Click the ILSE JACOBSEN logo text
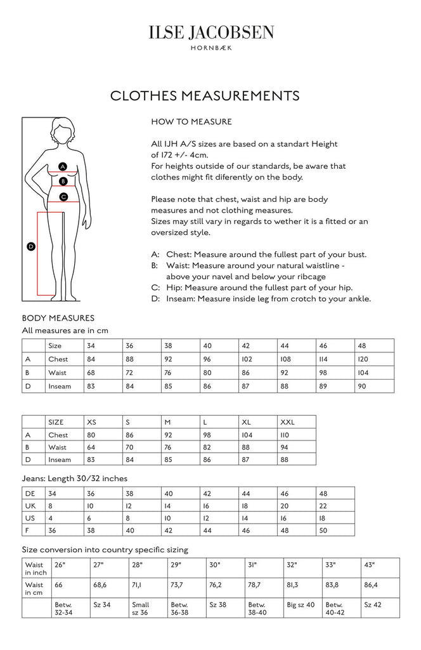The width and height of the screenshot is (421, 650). click(x=210, y=32)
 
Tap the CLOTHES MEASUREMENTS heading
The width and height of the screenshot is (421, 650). click(x=204, y=95)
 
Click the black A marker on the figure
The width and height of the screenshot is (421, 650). click(x=62, y=166)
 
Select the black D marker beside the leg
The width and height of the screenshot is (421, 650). click(x=30, y=246)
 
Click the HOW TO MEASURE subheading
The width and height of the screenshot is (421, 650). click(x=191, y=121)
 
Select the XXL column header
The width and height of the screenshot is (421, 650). click(x=288, y=422)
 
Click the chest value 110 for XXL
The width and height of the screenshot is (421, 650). click(x=285, y=435)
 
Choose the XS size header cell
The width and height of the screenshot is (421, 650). click(x=91, y=422)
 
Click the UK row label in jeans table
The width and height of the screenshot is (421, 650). click(x=30, y=507)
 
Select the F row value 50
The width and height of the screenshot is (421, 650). click(x=323, y=531)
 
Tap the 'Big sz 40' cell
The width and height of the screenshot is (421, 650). click(x=301, y=605)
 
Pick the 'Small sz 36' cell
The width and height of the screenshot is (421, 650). click(x=141, y=608)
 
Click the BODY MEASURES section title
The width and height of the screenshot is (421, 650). click(x=58, y=318)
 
